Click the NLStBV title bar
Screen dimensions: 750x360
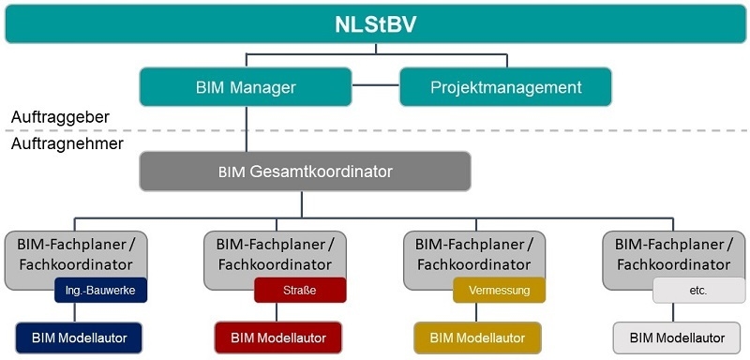(375, 23)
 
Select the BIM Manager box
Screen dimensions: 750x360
(246, 87)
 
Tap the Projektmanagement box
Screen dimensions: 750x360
(505, 87)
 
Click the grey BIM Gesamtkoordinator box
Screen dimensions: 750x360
(306, 172)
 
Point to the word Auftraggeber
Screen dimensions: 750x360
(60, 117)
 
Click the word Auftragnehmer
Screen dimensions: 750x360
(67, 142)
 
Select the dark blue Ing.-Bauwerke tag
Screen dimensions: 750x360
(101, 291)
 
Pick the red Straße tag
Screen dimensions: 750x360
(300, 291)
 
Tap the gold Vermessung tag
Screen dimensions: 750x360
(499, 291)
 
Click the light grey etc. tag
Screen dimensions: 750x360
(698, 291)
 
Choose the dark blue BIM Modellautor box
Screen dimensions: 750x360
(79, 338)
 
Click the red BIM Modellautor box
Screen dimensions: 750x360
(277, 338)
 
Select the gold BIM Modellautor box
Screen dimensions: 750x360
(477, 338)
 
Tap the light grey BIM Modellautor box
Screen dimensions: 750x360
(677, 338)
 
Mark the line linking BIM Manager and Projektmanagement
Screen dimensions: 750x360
(376, 85)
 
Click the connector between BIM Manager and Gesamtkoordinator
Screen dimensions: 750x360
(247, 128)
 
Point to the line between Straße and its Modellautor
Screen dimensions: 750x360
(277, 312)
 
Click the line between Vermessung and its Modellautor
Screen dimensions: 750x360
(476, 312)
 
